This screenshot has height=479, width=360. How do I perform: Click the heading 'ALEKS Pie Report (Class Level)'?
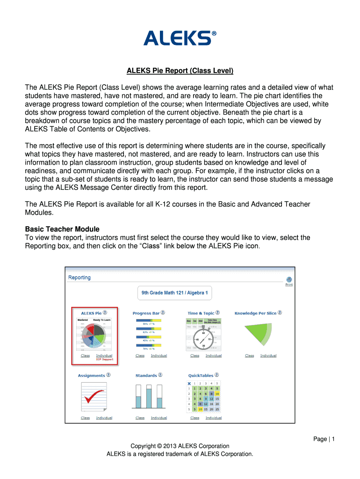coord(180,71)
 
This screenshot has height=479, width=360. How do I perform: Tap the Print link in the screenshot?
coord(289,284)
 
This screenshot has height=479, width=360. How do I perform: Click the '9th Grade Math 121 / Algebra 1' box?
coord(175,293)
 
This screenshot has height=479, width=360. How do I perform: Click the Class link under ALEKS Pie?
coord(85,356)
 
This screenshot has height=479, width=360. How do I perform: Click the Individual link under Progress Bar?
coord(159,356)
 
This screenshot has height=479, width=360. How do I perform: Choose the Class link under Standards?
coord(140,418)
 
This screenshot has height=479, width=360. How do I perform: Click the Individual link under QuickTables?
coord(214,418)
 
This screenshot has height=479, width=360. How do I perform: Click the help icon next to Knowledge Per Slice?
coord(280,312)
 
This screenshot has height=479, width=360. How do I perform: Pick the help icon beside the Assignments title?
coord(109,375)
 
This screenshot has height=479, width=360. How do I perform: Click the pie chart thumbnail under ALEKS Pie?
coord(94,335)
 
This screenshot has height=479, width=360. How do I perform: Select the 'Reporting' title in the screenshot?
coord(79,277)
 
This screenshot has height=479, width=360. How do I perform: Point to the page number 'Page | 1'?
coord(324,438)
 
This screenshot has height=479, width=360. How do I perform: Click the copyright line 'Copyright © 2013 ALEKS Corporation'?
coord(180,446)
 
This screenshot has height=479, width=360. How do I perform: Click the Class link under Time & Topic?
coord(194,356)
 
